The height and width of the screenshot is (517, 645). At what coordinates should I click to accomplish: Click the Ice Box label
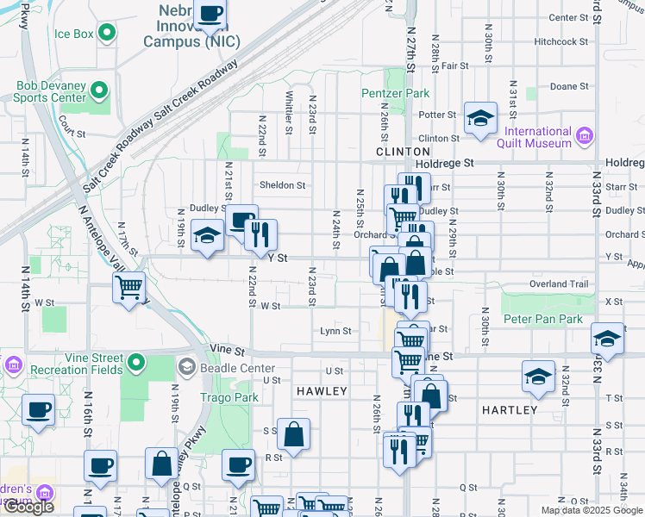pos(73,34)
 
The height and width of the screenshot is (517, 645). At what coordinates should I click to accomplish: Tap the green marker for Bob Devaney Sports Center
pos(99,90)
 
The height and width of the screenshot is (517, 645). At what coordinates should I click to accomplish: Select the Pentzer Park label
pos(395,93)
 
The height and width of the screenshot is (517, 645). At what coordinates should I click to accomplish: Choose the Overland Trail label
pos(559,283)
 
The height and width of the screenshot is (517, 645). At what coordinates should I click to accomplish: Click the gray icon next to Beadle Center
pos(186,368)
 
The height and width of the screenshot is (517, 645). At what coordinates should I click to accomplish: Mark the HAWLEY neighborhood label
pos(322,391)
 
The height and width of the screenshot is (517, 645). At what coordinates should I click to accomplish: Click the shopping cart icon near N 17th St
pos(128,285)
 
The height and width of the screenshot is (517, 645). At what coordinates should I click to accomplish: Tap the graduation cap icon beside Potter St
pos(480,118)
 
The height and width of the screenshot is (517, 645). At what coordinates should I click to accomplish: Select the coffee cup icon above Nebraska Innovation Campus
pos(210,13)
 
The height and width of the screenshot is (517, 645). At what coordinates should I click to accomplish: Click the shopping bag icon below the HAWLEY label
pos(294,434)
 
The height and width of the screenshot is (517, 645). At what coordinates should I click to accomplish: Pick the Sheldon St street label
pos(283,185)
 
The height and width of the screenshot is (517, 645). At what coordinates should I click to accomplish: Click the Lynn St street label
pos(335,331)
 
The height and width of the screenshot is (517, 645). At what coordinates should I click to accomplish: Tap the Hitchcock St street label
pos(560,41)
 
